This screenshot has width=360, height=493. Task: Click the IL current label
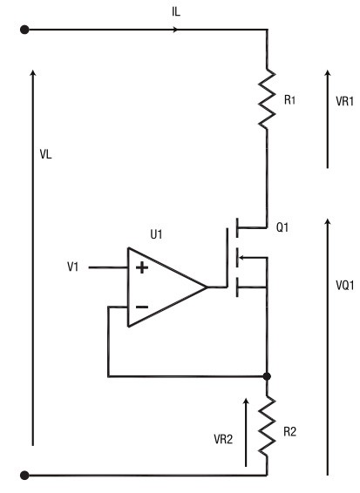coord(176,11)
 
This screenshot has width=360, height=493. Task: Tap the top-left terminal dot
coord(24,30)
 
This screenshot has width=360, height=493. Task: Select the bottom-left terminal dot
coord(24,475)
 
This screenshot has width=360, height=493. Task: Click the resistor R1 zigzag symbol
coord(267,98)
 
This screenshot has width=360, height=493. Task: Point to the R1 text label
coord(289,100)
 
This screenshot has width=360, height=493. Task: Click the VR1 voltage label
coord(344,101)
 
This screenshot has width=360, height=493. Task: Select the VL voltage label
coord(45,154)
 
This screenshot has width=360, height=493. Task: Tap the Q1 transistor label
coord(282,227)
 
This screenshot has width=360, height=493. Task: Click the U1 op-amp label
coord(156,234)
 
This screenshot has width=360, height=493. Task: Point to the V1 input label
coord(72,267)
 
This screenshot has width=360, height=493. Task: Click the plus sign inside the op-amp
coord(142,268)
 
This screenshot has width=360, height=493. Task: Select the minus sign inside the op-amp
coord(142,307)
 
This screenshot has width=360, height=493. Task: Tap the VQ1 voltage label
coord(345,285)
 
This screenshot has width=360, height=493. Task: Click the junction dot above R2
coord(267,376)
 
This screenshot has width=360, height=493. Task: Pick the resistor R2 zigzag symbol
coord(267,425)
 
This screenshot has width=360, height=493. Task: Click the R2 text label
coord(289,432)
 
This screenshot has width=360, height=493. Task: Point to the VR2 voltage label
coord(223,439)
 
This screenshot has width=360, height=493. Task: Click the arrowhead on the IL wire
coord(175,30)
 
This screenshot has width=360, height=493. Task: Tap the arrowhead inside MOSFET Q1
coord(241,258)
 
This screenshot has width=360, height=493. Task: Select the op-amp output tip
coord(207,287)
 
